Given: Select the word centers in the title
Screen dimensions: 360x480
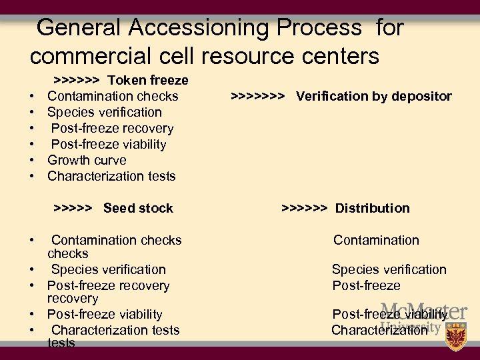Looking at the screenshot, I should click(333, 56).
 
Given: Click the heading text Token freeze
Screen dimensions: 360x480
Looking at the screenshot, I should click(148, 81).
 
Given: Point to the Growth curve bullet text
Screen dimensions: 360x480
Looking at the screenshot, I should click(87, 160).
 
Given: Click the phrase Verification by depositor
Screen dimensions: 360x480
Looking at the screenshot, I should click(373, 97).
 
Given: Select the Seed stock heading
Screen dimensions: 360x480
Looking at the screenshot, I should click(138, 208).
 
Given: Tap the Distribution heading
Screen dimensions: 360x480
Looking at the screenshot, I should click(372, 208).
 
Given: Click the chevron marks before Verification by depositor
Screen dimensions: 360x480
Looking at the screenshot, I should click(259, 97).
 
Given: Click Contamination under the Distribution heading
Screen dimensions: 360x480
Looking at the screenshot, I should click(376, 240).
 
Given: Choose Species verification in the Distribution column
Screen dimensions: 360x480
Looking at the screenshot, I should click(389, 269).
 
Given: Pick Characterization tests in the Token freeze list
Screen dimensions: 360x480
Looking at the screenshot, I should click(111, 176).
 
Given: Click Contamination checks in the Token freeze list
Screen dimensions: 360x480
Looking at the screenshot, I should click(113, 97).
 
